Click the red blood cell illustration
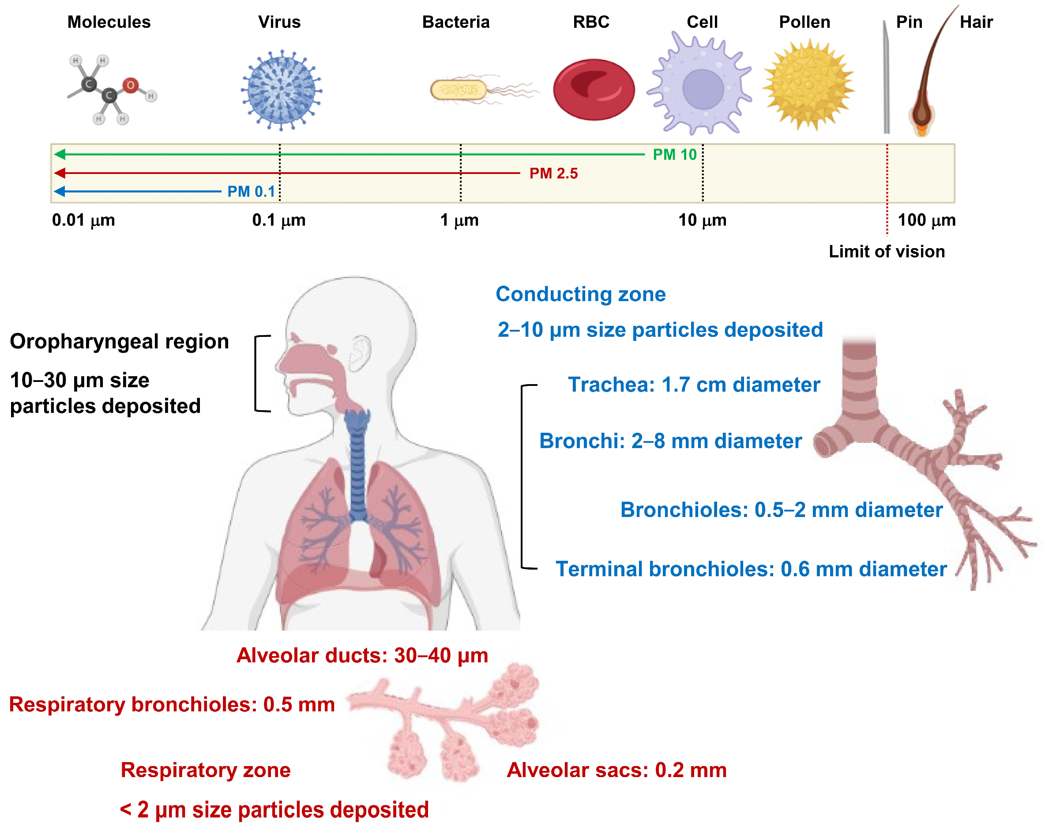[594, 90]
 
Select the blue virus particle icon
[281, 90]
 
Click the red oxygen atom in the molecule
[130, 85]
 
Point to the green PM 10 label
[674, 155]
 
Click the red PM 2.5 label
[553, 174]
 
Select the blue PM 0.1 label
[251, 192]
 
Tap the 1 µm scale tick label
[459, 220]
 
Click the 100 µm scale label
[926, 220]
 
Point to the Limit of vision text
[886, 252]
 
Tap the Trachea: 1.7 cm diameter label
[694, 385]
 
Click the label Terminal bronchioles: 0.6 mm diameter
[750, 570]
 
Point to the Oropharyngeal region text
[119, 342]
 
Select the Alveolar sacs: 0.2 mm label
[616, 770]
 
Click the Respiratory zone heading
[206, 770]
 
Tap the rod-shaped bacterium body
[457, 90]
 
